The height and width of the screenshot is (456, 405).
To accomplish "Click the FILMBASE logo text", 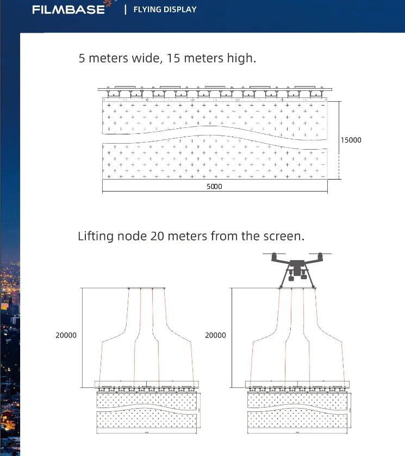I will [68, 10].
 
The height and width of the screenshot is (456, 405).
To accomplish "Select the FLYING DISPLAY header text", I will [165, 9].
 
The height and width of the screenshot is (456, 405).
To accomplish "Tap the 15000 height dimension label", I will [351, 140].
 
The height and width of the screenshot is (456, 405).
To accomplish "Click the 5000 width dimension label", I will [215, 186].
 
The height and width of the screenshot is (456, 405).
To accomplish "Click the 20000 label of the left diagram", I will [66, 336].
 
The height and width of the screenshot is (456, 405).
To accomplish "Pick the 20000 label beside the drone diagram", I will [215, 336].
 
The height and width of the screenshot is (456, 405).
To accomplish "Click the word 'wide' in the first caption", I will [143, 58].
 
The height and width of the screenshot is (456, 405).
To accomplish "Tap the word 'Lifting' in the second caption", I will [96, 236].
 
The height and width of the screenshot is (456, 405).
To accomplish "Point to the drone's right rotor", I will [321, 255].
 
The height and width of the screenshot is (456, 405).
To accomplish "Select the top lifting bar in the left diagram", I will [146, 288].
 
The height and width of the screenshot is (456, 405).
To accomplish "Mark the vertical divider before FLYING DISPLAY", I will [126, 9].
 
